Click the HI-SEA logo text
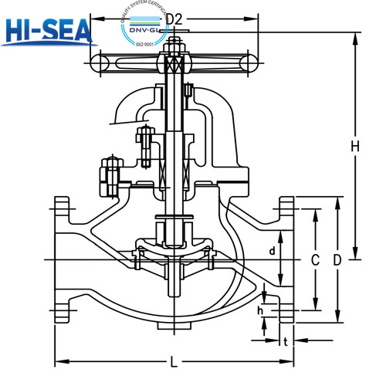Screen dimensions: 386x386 pyautogui.click(x=48, y=32)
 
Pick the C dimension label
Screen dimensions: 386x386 pyautogui.click(x=314, y=261)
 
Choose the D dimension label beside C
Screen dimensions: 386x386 pyautogui.click(x=337, y=261)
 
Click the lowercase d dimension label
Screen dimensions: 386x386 pyautogui.click(x=272, y=251)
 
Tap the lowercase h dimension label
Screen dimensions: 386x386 pyautogui.click(x=261, y=310)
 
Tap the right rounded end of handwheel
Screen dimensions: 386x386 pyautogui.click(x=258, y=61)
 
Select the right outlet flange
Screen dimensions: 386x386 pyautogui.click(x=286, y=261)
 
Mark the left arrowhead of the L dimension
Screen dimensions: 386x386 pyautogui.click(x=57, y=361)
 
